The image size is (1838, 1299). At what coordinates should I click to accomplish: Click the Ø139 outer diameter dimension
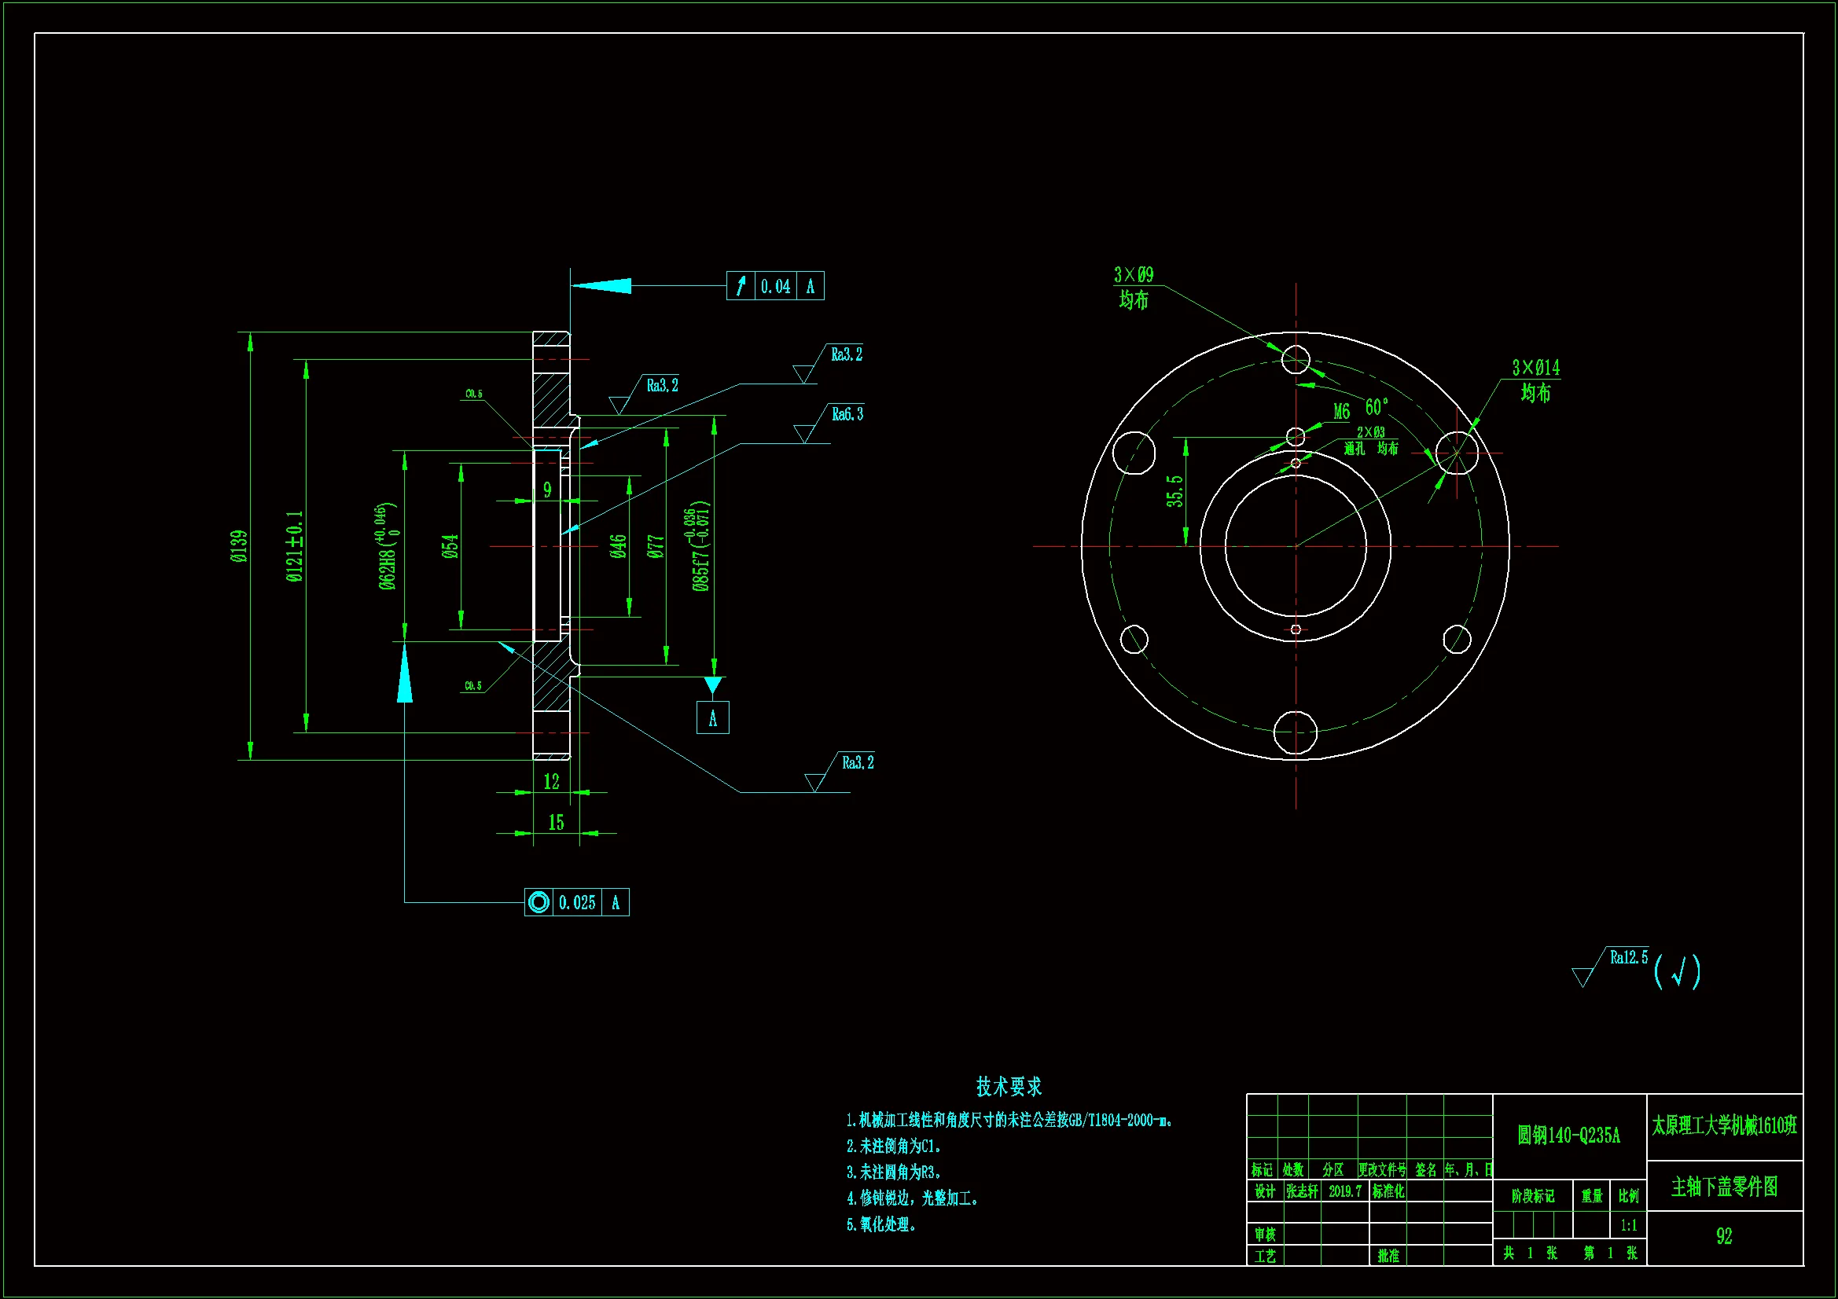click(239, 547)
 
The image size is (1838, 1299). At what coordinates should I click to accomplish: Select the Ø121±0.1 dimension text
click(296, 547)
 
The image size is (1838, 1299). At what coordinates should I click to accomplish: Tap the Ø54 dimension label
click(450, 547)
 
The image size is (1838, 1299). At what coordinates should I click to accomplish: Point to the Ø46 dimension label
click(617, 547)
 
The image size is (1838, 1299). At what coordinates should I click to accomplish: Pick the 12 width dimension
click(552, 782)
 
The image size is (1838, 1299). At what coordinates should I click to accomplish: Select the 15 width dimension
click(556, 823)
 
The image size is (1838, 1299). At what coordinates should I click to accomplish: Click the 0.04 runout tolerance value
click(775, 287)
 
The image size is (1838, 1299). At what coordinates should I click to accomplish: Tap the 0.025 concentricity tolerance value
click(576, 903)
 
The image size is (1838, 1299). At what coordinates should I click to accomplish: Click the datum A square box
click(712, 718)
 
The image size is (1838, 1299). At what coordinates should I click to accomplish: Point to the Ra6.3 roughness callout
click(847, 415)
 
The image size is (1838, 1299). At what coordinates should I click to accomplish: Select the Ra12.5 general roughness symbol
click(1628, 958)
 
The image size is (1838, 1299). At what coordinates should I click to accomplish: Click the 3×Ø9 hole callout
click(1134, 275)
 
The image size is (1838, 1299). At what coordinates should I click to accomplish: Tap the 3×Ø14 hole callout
click(1535, 369)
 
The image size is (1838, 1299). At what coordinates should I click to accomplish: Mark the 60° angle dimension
click(1376, 407)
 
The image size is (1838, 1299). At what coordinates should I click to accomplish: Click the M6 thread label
click(1342, 413)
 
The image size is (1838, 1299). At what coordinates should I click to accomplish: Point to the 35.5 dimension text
click(1174, 490)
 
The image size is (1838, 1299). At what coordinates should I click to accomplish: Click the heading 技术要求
click(1009, 1087)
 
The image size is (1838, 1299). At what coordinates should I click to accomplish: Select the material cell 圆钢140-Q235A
click(1568, 1135)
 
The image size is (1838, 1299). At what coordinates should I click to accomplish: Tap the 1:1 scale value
click(1628, 1225)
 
